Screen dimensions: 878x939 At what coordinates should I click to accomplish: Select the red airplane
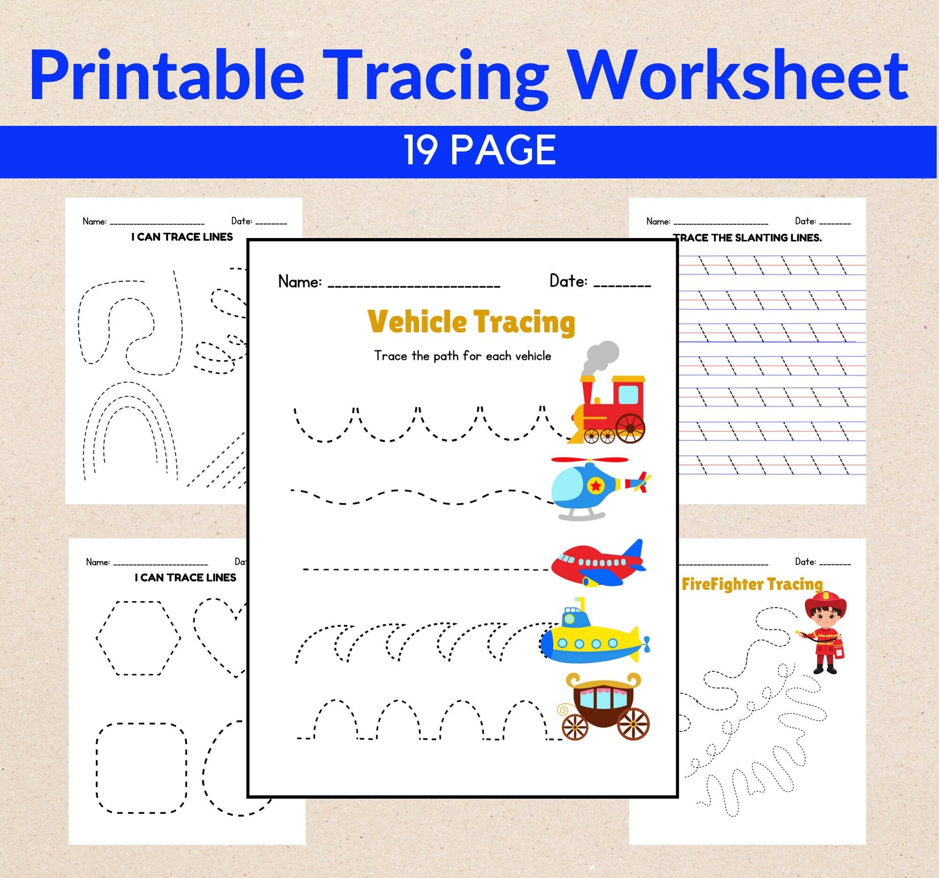(597, 562)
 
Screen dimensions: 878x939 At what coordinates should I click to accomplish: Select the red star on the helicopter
(597, 485)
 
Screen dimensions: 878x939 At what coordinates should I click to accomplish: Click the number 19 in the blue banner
(420, 151)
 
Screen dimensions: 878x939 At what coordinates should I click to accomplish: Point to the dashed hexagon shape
(139, 638)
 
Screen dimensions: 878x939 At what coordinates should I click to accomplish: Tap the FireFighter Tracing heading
(752, 584)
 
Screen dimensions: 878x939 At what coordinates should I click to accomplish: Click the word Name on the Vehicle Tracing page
(300, 282)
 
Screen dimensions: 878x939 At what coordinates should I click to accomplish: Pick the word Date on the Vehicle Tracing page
(568, 282)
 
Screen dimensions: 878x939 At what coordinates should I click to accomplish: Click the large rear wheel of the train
(631, 428)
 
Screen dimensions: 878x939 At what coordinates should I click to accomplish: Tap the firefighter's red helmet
(825, 601)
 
